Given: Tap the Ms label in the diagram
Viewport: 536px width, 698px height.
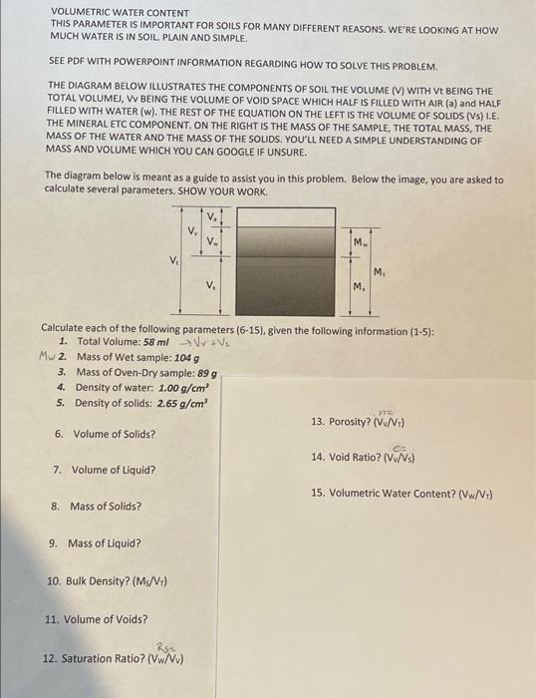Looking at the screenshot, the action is pos(357,288).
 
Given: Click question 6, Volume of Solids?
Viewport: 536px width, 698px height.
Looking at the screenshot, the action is pos(105,434).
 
